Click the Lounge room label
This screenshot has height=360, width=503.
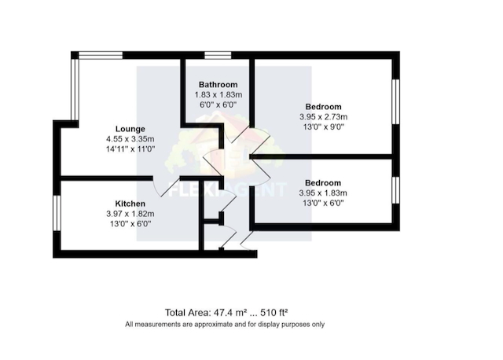click(130, 129)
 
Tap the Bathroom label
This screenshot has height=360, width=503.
click(218, 85)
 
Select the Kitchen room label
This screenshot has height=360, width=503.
click(130, 204)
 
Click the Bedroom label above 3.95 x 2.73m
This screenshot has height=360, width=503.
click(323, 107)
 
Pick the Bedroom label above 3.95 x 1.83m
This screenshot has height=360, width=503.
click(323, 183)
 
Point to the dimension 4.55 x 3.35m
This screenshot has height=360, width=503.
click(130, 139)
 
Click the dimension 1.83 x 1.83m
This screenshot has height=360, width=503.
click(218, 95)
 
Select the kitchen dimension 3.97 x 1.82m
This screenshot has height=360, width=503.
click(130, 214)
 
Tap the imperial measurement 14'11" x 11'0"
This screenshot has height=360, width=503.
click(130, 149)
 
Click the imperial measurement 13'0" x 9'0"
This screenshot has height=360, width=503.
click(324, 127)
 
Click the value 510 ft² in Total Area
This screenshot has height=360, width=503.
click(274, 312)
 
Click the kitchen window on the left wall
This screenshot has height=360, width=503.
click(57, 213)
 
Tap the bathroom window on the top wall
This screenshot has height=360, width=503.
click(218, 55)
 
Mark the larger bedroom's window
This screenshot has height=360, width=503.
click(396, 101)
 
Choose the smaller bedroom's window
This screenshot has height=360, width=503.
click(396, 190)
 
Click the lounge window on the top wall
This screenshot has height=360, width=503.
click(101, 55)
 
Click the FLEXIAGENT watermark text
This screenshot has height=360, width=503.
click(227, 189)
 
